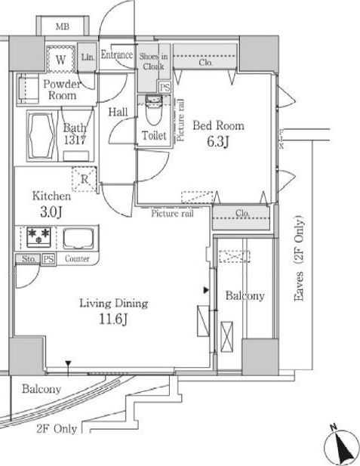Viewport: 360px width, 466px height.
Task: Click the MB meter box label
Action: pyautogui.click(x=63, y=26)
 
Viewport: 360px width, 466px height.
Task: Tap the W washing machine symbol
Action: pyautogui.click(x=60, y=60)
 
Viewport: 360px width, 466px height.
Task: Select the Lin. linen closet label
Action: pyautogui.click(x=88, y=57)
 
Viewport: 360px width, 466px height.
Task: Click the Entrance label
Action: pyautogui.click(x=117, y=54)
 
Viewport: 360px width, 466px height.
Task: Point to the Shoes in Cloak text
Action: pyautogui.click(x=153, y=61)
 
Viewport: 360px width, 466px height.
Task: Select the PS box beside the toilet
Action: pyautogui.click(x=165, y=88)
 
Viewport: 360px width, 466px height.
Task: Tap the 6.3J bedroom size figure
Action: pyautogui.click(x=218, y=142)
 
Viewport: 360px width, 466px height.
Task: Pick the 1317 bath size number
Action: pyautogui.click(x=75, y=140)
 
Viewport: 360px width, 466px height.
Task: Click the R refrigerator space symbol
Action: pyautogui.click(x=85, y=179)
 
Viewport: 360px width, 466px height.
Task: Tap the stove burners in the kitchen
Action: pyautogui.click(x=39, y=236)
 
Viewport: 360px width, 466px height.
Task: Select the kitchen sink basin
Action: pyautogui.click(x=78, y=239)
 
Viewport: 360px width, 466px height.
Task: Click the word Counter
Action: pyautogui.click(x=77, y=259)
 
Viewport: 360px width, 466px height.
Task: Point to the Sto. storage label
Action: pyautogui.click(x=29, y=259)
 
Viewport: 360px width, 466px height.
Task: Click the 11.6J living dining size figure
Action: pyautogui.click(x=113, y=319)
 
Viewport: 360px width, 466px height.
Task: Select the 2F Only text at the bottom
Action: pyautogui.click(x=57, y=428)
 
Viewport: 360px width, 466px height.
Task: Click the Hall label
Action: pyautogui.click(x=118, y=112)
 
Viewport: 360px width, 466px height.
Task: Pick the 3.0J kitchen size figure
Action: pyautogui.click(x=51, y=212)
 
